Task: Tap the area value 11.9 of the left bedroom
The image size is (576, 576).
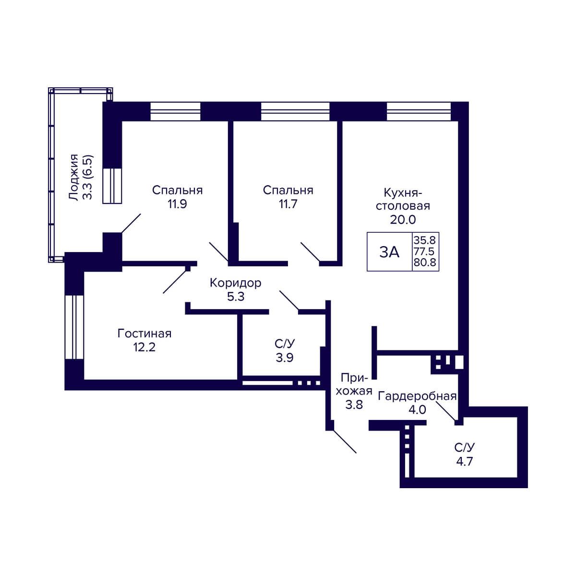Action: click(177, 204)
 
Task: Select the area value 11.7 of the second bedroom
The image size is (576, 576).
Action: click(288, 204)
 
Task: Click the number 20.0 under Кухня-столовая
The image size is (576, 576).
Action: click(403, 220)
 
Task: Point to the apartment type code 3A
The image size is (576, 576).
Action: click(389, 252)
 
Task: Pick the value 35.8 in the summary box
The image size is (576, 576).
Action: click(425, 240)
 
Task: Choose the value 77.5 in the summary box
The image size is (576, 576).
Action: click(425, 252)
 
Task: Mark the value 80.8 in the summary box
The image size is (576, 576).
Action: click(425, 263)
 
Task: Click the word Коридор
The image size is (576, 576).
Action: click(236, 283)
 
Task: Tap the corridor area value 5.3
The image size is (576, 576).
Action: click(236, 297)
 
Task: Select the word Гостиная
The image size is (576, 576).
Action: click(144, 333)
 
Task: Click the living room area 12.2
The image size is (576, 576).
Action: click(144, 348)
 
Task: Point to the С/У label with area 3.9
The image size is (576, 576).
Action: click(285, 344)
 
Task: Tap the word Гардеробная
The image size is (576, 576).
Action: click(417, 396)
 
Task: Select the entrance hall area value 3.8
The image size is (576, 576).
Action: click(354, 405)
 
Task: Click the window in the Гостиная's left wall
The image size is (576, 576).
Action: click(74, 327)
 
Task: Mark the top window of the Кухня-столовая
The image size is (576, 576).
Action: click(419, 111)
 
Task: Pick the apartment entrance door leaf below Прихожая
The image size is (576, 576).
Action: click(344, 442)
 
